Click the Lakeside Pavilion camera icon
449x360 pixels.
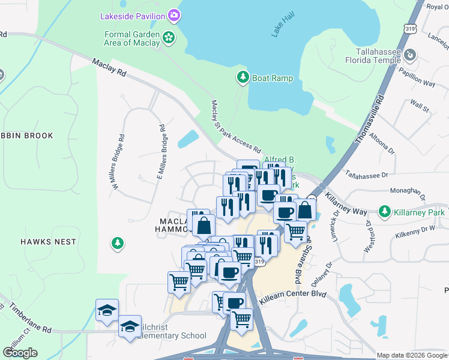pos(174,14)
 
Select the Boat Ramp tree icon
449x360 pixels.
pos(243,77)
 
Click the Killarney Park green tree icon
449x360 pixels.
pos(385,211)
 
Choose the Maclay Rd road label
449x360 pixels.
pos(110,67)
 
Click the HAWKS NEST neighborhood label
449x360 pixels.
pos(48,242)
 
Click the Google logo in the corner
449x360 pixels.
pos(20,353)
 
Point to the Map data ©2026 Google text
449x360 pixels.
pos(412,355)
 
